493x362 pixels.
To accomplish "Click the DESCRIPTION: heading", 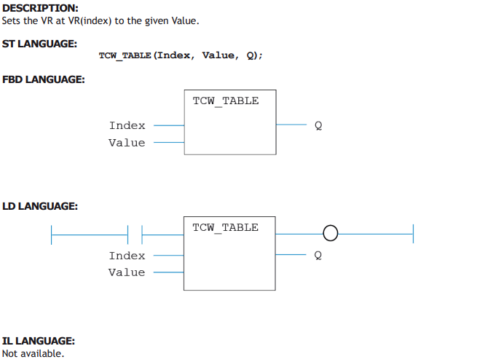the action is click(40, 8).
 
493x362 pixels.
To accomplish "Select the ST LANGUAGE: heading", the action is click(39, 44).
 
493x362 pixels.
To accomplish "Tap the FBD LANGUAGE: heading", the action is click(44, 79).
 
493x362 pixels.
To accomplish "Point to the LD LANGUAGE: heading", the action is click(40, 206).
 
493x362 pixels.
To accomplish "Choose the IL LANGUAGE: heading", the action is click(39, 341).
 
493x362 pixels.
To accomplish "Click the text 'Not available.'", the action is click(33, 353).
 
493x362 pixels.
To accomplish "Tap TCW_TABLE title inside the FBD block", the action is click(226, 101).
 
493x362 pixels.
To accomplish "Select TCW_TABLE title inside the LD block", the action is click(226, 227).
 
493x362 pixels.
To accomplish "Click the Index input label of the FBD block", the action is click(127, 125).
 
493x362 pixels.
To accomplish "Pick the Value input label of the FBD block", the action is click(127, 143).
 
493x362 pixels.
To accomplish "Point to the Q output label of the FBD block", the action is click(318, 125).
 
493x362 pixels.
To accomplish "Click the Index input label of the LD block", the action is click(127, 256).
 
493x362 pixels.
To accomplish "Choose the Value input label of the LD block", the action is click(127, 272).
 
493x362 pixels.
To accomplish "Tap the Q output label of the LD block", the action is click(318, 255).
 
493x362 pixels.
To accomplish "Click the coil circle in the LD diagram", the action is click(331, 226).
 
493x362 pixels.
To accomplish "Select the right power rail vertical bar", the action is click(413, 234).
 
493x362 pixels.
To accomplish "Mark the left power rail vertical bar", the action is click(51, 235).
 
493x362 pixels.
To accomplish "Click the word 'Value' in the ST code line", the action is click(218, 55).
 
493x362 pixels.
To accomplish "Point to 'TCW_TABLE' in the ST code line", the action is click(125, 56).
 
